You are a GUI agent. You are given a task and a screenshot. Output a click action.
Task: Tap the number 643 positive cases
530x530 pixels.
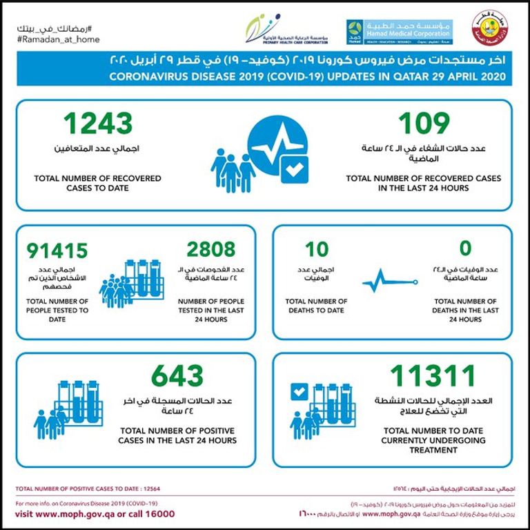click(x=177, y=377)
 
